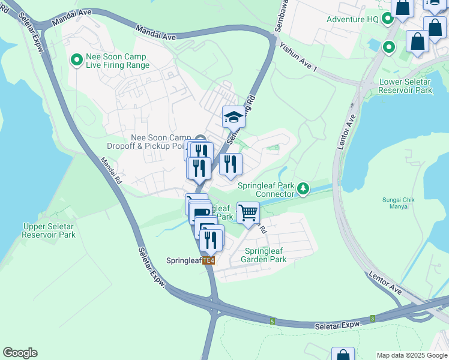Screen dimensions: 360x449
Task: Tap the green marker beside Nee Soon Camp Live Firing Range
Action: [x=77, y=59]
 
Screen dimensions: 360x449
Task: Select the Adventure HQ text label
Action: [x=352, y=19]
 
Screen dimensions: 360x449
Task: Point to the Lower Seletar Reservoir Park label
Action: [x=405, y=86]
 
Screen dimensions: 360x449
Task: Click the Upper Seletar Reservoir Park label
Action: [x=49, y=230]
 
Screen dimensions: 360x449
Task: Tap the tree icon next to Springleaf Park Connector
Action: [x=304, y=190]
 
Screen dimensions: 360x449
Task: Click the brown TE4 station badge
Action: [x=208, y=260]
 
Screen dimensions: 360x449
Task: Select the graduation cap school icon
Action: [x=234, y=116]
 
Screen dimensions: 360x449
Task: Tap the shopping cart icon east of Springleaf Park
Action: [x=247, y=212]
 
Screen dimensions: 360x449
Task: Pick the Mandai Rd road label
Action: [x=111, y=170]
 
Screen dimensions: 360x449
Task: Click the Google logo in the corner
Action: [x=20, y=353]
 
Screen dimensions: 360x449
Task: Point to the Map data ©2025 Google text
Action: [x=411, y=355]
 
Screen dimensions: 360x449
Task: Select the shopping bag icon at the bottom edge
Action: [x=343, y=355]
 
